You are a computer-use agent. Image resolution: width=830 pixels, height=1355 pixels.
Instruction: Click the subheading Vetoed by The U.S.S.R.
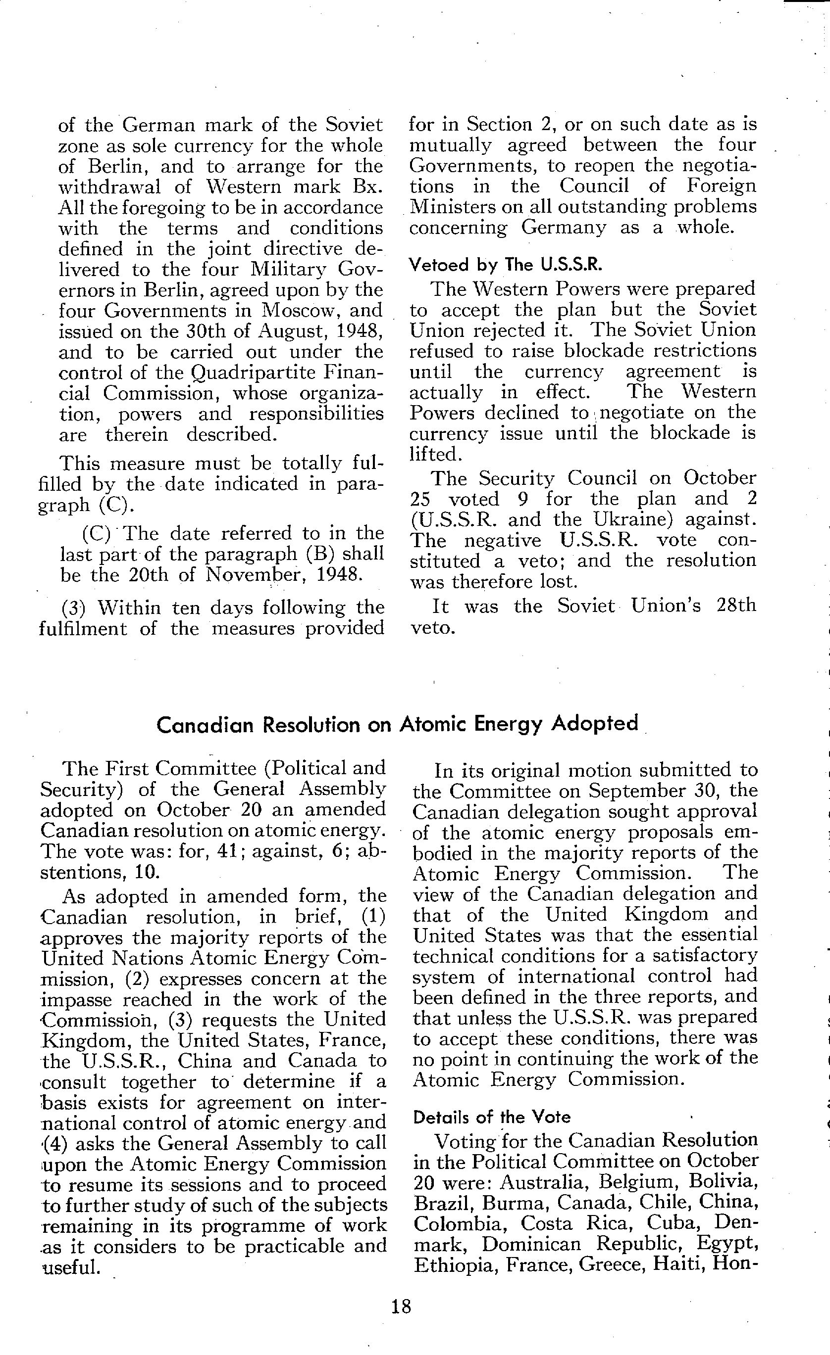tap(505, 265)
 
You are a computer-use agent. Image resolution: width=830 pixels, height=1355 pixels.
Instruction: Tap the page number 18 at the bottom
tap(401, 1306)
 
